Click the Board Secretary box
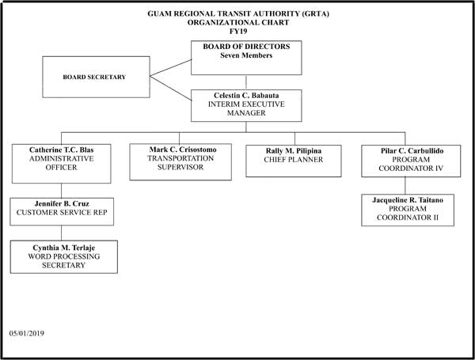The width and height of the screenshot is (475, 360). point(95,77)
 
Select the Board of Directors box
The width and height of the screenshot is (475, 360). point(246,56)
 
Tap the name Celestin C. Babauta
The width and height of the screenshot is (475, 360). point(246,96)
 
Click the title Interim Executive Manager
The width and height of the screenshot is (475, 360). point(246,109)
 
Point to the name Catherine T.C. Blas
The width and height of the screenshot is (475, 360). point(62,149)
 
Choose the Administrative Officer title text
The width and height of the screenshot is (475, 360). point(62,162)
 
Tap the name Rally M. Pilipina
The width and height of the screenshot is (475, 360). point(294,150)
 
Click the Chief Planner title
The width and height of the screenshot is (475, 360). point(294,159)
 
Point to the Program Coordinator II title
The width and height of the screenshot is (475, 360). point(408,214)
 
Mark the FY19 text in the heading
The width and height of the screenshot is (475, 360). point(239,32)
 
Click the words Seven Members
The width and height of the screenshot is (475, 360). point(246,55)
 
